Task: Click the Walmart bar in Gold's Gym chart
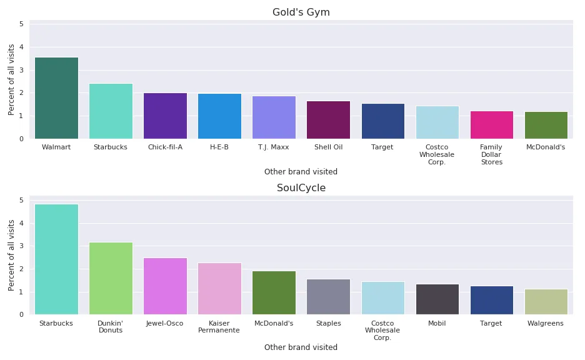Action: click(56, 98)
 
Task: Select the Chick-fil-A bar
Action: click(165, 116)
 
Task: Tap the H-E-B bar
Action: click(219, 116)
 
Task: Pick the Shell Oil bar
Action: click(328, 120)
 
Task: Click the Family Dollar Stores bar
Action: click(491, 125)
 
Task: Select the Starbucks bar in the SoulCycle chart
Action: click(56, 259)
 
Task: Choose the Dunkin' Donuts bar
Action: click(111, 278)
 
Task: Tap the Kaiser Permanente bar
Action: click(219, 289)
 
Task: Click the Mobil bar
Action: click(437, 299)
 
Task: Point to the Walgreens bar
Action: click(546, 302)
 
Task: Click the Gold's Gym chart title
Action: click(301, 12)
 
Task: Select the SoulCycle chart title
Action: click(301, 188)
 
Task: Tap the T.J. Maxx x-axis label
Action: click(274, 147)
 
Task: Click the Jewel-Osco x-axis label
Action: click(165, 324)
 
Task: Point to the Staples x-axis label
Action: click(328, 324)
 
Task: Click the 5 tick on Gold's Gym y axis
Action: click(21, 24)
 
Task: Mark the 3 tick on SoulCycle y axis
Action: click(21, 246)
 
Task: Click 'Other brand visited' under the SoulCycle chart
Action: click(301, 347)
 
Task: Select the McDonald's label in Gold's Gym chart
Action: click(546, 147)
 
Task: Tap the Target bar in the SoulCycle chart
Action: click(491, 301)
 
